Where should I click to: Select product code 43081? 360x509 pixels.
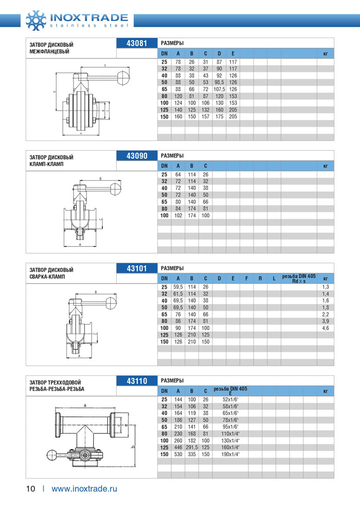point(136,43)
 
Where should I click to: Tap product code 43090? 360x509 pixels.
point(136,155)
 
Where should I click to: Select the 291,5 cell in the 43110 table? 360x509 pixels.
point(191,448)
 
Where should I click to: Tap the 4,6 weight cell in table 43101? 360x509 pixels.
point(325,328)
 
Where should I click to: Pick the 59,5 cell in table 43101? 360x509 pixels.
point(178,287)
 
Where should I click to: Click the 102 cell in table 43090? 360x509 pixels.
point(178,215)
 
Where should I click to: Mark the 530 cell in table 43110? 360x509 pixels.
point(178,454)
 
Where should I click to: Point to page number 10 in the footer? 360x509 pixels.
point(30,488)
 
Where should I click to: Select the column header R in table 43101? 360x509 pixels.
point(260,278)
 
